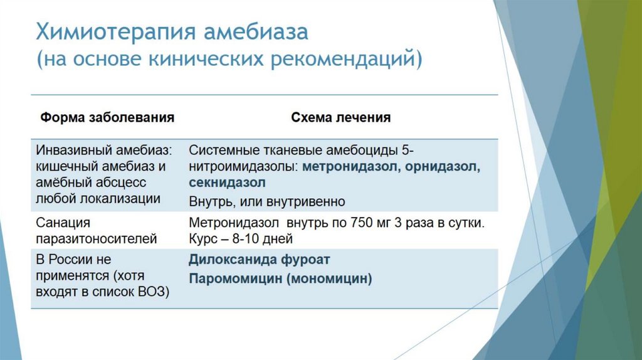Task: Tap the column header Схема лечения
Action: tap(340, 117)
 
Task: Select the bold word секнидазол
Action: tap(227, 183)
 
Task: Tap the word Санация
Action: tap(64, 223)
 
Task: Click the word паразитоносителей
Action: tap(96, 238)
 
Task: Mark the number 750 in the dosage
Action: tap(337, 223)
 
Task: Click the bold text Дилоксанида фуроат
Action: tap(259, 259)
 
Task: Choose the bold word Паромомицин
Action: tap(235, 279)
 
